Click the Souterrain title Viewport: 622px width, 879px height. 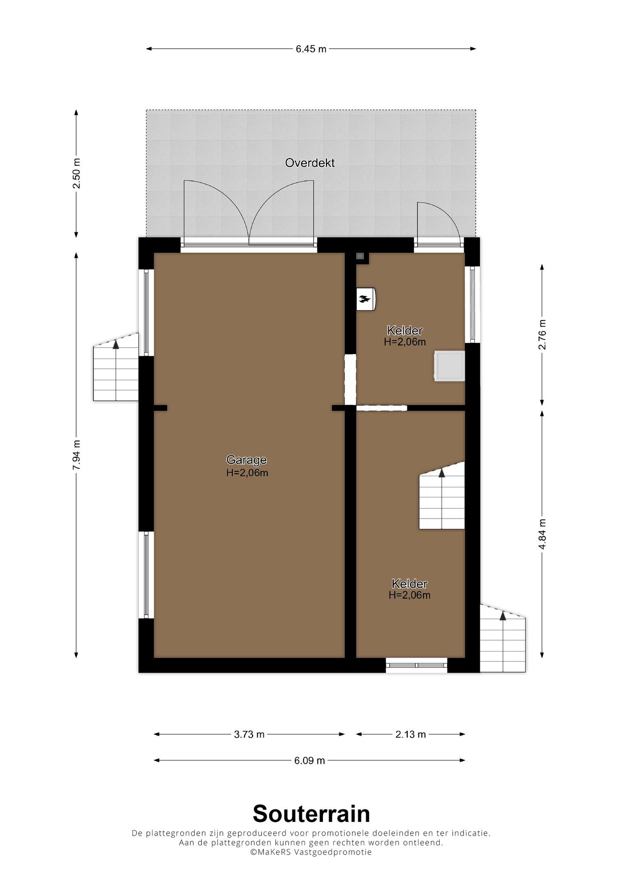tap(311, 813)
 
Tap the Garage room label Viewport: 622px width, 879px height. tap(247, 460)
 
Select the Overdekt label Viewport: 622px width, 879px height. tap(310, 163)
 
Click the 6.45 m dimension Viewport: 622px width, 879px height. tap(311, 49)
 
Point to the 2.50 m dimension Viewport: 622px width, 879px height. tap(76, 173)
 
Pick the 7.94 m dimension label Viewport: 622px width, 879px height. tap(76, 455)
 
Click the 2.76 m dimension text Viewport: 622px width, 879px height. tap(542, 334)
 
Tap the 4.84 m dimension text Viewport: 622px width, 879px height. tap(542, 534)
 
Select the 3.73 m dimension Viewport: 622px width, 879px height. tap(249, 734)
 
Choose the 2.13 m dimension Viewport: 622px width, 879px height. tap(411, 734)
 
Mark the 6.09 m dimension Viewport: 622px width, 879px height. tap(310, 761)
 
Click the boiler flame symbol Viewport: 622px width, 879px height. tap(365, 298)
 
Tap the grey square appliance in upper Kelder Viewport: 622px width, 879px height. tap(449, 366)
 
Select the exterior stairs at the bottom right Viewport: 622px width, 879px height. tap(503, 638)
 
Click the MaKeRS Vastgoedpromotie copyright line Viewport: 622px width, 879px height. tap(311, 852)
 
